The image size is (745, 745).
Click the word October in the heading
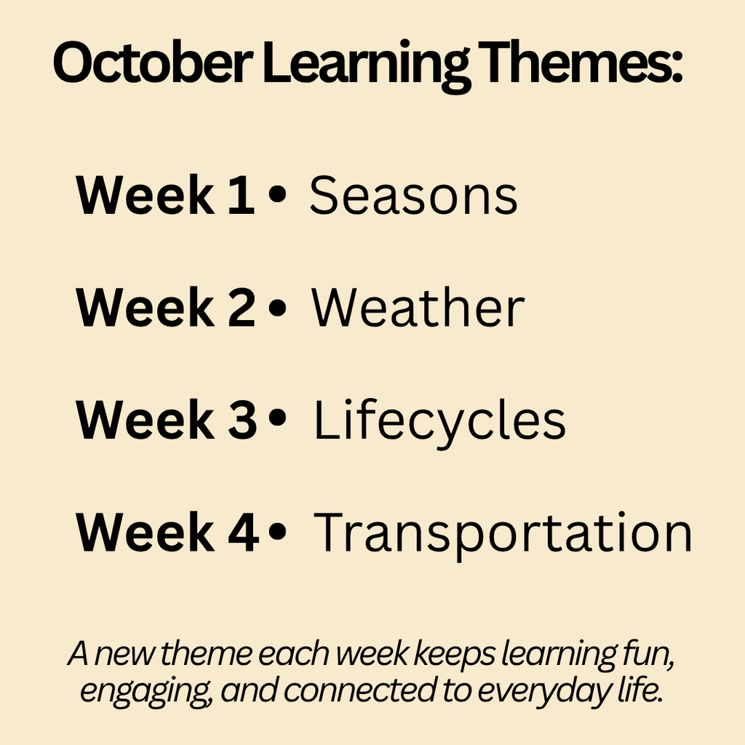(153, 63)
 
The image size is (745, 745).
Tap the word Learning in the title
(366, 65)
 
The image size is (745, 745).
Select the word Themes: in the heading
(580, 62)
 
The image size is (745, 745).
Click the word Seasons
(413, 195)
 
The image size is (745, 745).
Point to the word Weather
(418, 308)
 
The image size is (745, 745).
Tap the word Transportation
(503, 535)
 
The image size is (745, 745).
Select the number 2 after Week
(242, 307)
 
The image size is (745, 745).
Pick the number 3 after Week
(242, 420)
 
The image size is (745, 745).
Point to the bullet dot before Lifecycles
(277, 418)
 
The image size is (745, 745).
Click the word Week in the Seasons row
(145, 195)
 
